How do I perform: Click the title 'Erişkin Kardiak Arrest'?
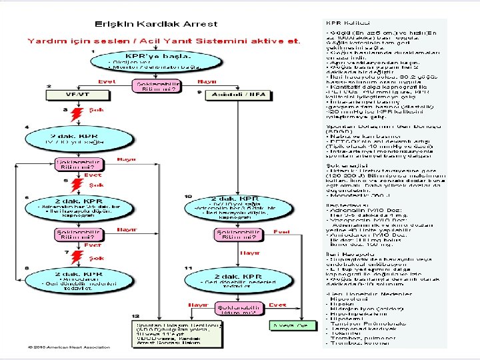[161, 25]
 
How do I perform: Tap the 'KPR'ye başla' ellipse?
[155, 61]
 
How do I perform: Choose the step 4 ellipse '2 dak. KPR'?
[71, 139]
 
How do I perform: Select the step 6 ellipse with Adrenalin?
[71, 207]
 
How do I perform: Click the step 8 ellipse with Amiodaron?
[71, 281]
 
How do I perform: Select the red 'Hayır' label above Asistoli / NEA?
[207, 81]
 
